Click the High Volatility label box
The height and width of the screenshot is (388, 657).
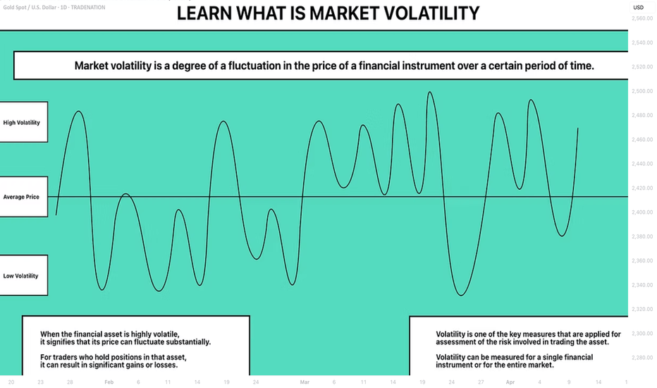(23, 122)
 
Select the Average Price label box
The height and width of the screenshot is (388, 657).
(23, 197)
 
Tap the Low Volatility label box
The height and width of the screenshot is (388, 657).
(23, 276)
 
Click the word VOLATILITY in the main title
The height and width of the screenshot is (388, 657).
(431, 13)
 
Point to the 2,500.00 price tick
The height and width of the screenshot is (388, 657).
(642, 91)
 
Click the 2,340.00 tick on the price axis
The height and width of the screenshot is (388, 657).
(642, 285)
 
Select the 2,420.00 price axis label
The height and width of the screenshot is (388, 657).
(642, 188)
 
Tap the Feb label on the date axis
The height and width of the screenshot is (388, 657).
(109, 382)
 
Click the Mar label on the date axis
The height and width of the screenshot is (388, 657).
(305, 382)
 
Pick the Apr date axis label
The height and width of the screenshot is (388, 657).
(510, 382)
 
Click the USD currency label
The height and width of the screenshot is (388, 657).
(638, 8)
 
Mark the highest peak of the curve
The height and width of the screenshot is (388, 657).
(430, 92)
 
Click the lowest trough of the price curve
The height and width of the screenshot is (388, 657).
(461, 296)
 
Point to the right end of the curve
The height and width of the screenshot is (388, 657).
(578, 128)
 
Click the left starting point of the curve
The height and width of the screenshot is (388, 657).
(56, 214)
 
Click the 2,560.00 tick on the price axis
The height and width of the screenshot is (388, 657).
(642, 18)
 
